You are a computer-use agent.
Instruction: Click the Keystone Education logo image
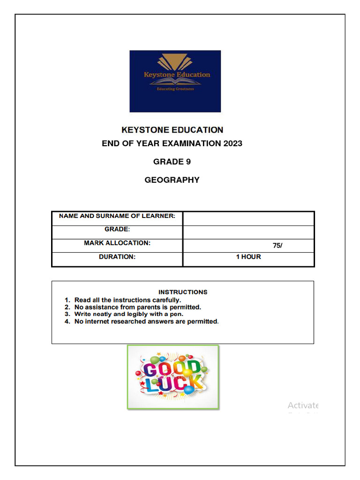pos(175,81)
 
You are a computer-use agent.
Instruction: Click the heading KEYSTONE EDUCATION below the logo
pos(172,130)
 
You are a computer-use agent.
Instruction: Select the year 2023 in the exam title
pos(231,143)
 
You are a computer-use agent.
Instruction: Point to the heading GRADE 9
pos(172,162)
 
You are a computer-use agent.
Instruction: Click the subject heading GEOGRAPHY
pos(172,180)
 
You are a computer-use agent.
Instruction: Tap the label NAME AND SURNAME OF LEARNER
pos(117,216)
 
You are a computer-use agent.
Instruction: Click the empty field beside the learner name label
pos(248,218)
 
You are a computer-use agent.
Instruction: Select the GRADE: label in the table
pos(117,230)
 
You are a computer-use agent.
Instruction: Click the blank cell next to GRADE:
pos(248,232)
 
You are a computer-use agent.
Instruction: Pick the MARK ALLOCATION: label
pos(117,243)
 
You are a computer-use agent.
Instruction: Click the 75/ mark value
pos(277,246)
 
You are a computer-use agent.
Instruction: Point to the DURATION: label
pos(117,257)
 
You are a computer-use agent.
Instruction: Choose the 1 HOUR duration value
pos(248,257)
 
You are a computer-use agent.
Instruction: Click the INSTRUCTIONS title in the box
pos(183,292)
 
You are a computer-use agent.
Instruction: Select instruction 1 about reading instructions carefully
pos(127,300)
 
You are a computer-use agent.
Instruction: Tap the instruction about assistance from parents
pos(137,307)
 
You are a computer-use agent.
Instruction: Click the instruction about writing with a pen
pos(129,315)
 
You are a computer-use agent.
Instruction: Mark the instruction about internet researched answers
pos(146,322)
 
